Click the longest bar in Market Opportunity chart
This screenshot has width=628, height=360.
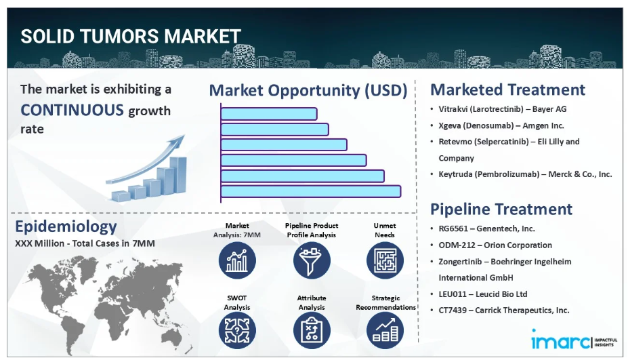(311, 191)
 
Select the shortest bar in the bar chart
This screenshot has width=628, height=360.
(269, 114)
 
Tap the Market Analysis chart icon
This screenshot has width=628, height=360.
(237, 260)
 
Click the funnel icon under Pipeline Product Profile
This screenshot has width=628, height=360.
(312, 260)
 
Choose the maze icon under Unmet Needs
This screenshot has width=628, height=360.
(385, 260)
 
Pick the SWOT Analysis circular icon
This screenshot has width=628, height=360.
(237, 330)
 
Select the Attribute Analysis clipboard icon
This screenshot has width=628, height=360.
(312, 330)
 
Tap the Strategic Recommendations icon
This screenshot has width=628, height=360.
(385, 330)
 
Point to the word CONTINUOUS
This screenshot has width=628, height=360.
(72, 110)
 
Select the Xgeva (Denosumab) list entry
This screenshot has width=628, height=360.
(501, 125)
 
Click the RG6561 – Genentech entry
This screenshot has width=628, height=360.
(486, 228)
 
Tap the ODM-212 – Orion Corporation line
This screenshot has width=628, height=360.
(495, 245)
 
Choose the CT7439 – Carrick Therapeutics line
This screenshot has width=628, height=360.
(504, 310)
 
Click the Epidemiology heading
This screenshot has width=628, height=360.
(66, 227)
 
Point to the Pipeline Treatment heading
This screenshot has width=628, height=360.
(501, 209)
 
